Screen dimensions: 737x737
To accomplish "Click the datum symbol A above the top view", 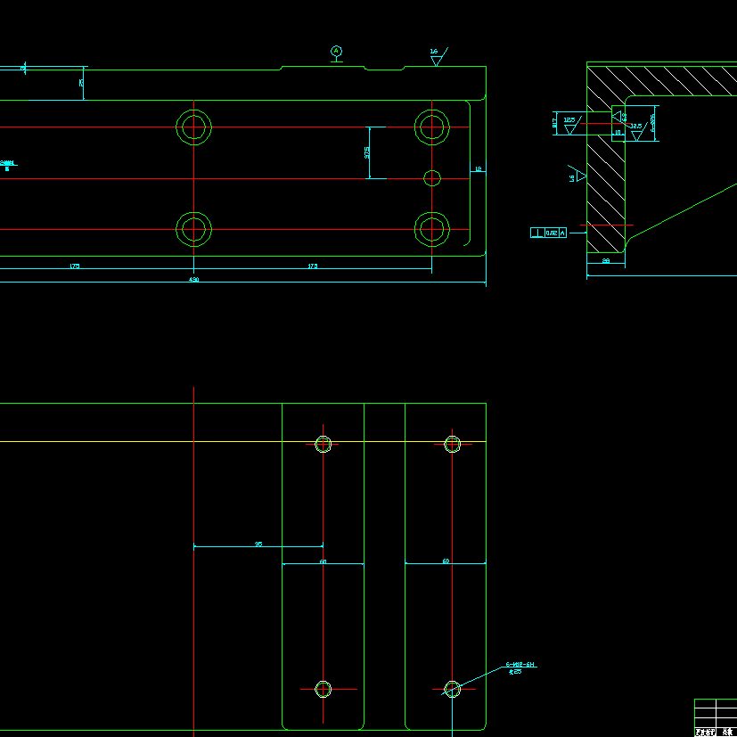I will click(x=336, y=51).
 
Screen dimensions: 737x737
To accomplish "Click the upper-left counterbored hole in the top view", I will click(x=193, y=127).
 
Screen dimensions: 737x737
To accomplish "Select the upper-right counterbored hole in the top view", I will click(x=432, y=127).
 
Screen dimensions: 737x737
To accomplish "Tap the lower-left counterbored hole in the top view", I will click(x=193, y=229).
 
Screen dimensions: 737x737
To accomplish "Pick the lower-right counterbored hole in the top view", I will click(x=432, y=229).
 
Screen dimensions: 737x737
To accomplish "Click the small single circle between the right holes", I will click(x=432, y=178).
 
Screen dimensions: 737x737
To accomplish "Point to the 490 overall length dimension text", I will click(x=193, y=280).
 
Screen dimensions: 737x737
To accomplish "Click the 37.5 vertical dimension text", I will click(x=367, y=152).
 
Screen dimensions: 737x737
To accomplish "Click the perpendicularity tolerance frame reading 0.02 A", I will click(x=549, y=233).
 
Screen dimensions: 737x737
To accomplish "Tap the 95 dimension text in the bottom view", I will click(x=258, y=543).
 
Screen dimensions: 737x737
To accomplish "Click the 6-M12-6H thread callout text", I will click(x=520, y=665).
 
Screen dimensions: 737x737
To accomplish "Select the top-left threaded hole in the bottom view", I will click(x=323, y=444).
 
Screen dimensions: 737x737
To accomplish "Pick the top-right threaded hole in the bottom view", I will click(x=452, y=444).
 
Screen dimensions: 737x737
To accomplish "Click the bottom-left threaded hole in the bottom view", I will click(x=323, y=688).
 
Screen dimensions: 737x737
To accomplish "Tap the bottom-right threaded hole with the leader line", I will click(x=452, y=688).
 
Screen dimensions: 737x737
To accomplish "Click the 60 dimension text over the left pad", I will click(x=323, y=561).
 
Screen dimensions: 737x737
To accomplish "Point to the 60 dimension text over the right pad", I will click(x=446, y=561).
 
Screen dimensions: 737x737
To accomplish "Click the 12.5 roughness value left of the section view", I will click(x=569, y=119).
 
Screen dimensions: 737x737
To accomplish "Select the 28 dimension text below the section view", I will click(x=606, y=261).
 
